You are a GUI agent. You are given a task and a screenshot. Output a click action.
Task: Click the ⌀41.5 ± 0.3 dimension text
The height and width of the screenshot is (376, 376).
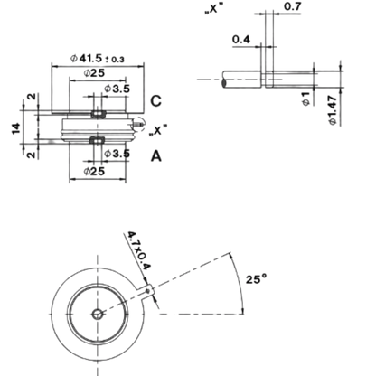click(x=98, y=58)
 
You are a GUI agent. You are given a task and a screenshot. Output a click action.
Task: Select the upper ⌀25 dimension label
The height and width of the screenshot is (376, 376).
click(x=94, y=72)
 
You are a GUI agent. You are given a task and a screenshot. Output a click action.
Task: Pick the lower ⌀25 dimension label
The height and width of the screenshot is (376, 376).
click(x=94, y=171)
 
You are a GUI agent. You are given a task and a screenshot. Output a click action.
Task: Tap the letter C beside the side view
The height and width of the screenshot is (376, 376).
click(x=155, y=101)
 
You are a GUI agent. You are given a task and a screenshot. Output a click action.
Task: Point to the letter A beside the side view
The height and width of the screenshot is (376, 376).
click(x=156, y=156)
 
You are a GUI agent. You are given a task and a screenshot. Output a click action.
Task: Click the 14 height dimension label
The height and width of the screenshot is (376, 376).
click(x=16, y=128)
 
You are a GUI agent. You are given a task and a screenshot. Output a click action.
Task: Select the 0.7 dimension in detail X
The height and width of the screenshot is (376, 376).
click(x=293, y=6)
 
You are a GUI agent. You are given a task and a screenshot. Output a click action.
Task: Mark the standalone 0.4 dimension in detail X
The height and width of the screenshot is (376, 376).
click(x=241, y=39)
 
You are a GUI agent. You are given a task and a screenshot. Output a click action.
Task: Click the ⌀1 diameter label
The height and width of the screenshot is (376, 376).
click(x=305, y=99)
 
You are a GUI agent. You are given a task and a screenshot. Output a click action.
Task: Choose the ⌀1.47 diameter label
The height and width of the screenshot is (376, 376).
click(x=333, y=110)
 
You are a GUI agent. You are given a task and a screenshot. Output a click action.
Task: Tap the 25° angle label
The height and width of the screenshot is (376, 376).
click(x=256, y=279)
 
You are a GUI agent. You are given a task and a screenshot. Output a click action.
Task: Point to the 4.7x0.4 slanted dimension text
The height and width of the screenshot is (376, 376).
click(x=139, y=250)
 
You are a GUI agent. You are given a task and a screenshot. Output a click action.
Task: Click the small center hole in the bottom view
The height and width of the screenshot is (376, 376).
click(x=97, y=315)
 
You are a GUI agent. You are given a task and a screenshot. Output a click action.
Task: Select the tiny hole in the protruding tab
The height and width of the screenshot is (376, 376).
click(x=147, y=291)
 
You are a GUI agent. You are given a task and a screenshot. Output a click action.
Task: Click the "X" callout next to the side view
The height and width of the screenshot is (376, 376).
click(x=158, y=130)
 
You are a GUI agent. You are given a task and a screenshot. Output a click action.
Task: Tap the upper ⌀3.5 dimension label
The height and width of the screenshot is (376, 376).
click(x=117, y=89)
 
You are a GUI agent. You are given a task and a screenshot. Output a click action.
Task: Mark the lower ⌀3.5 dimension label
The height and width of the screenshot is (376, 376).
click(x=117, y=154)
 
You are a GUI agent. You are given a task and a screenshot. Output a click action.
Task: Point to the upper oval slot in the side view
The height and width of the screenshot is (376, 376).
click(x=99, y=114)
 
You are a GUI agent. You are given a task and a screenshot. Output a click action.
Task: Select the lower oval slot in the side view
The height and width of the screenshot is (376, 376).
click(x=98, y=140)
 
